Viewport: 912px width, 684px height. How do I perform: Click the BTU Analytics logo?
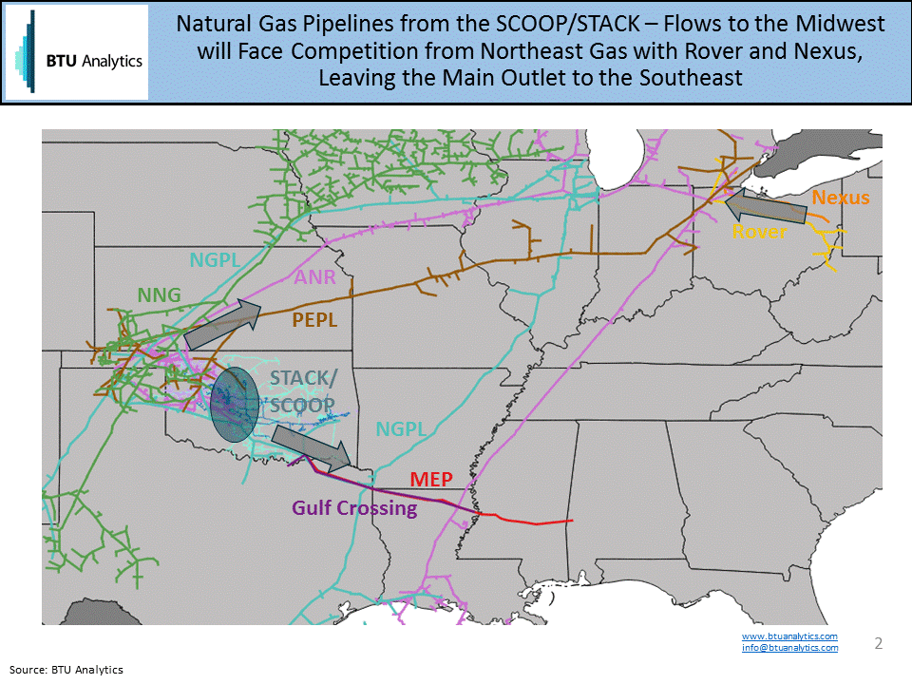[x=77, y=52]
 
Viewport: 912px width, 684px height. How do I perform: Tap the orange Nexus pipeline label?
[x=841, y=198]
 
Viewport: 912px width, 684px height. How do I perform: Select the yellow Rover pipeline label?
[x=759, y=231]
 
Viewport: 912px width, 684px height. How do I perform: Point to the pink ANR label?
[x=314, y=277]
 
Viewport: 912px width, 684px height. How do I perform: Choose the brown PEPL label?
[x=314, y=320]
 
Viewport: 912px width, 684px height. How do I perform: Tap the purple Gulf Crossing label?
[x=354, y=508]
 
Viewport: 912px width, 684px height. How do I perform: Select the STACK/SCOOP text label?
[x=302, y=390]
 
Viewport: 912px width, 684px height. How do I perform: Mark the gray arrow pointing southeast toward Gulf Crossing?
[x=314, y=450]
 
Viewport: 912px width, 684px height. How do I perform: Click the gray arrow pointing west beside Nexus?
[x=765, y=206]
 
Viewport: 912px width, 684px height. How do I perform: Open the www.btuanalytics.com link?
[x=789, y=636]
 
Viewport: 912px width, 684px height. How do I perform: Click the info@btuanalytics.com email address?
[x=789, y=648]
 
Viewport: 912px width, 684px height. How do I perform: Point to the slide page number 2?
[x=879, y=643]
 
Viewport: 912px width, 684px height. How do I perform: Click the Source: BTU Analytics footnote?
[x=67, y=670]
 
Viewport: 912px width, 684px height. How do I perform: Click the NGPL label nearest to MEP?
[x=401, y=428]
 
